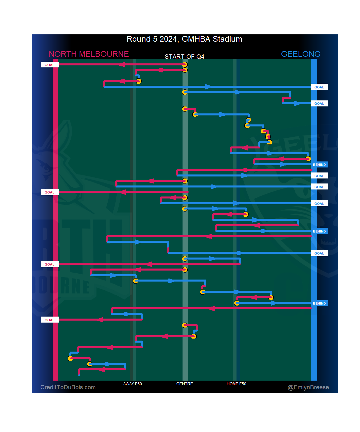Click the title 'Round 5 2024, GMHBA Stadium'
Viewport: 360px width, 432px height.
pyautogui.click(x=184, y=39)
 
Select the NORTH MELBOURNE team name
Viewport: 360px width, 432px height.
pyautogui.click(x=89, y=54)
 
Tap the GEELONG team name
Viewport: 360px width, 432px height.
pyautogui.click(x=300, y=54)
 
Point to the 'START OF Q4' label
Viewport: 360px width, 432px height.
pyautogui.click(x=184, y=57)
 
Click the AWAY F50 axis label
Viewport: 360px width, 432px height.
pyautogui.click(x=132, y=384)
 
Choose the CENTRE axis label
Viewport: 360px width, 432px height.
pyautogui.click(x=184, y=384)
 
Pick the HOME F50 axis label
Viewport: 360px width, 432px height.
pyautogui.click(x=236, y=384)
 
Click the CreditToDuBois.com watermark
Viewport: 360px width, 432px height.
pyautogui.click(x=68, y=387)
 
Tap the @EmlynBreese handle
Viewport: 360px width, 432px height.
pyautogui.click(x=308, y=387)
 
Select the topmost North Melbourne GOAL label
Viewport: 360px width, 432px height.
pyautogui.click(x=50, y=65)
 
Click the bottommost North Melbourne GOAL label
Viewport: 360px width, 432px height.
pyautogui.click(x=50, y=320)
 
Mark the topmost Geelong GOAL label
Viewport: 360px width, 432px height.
pyautogui.click(x=319, y=87)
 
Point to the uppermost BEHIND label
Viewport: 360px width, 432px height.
pyautogui.click(x=319, y=164)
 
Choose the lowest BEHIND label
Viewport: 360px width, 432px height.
pyautogui.click(x=319, y=303)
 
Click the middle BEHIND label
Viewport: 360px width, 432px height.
pyautogui.click(x=319, y=231)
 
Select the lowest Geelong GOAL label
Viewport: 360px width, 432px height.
pyautogui.click(x=319, y=253)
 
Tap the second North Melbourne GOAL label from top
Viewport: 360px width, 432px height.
pyautogui.click(x=50, y=192)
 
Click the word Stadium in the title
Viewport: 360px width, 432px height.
pyautogui.click(x=227, y=39)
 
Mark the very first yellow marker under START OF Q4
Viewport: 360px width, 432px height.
pyautogui.click(x=185, y=64)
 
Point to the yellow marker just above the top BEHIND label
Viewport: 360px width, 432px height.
pyautogui.click(x=308, y=159)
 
